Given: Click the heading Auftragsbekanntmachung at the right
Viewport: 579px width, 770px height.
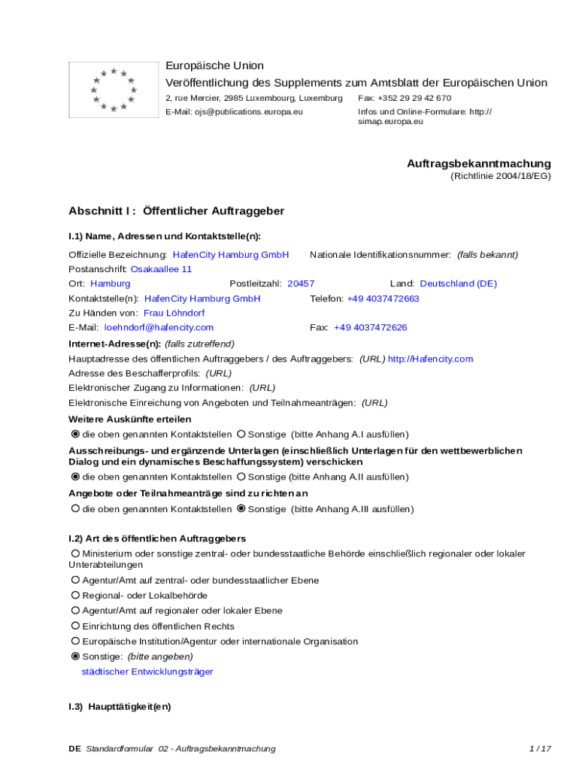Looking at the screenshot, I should coord(479,163).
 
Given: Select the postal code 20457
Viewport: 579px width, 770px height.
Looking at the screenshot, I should coord(301,283).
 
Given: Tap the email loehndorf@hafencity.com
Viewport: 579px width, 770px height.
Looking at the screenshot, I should coord(159,327).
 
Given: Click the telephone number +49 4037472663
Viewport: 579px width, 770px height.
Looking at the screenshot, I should coord(383,299).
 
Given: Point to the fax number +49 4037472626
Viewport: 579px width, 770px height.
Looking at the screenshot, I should coord(371,327).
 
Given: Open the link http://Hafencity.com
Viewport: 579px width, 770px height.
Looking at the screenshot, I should coord(430,359).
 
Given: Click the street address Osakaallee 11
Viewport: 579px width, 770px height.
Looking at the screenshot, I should coord(161,268).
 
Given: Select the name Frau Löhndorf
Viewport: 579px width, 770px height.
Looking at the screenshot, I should coord(174,313).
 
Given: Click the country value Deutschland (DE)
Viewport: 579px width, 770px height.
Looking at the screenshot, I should coord(458,283).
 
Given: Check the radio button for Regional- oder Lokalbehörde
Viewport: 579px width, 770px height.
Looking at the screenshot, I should coord(75,596).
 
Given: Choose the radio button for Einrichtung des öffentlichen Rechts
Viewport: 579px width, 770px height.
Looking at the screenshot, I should coord(75,626).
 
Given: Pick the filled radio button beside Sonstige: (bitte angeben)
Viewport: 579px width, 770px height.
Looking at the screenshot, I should coord(75,656).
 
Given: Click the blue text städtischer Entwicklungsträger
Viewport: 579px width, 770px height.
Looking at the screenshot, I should coord(147,671).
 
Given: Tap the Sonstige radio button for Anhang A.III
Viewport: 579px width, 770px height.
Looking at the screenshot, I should coord(241,509).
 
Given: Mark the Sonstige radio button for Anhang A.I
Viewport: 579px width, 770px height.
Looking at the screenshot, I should coord(241,435).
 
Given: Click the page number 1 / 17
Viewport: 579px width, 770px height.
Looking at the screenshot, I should coord(540,748).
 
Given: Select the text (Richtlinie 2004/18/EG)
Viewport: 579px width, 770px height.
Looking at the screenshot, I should coord(501,176).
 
